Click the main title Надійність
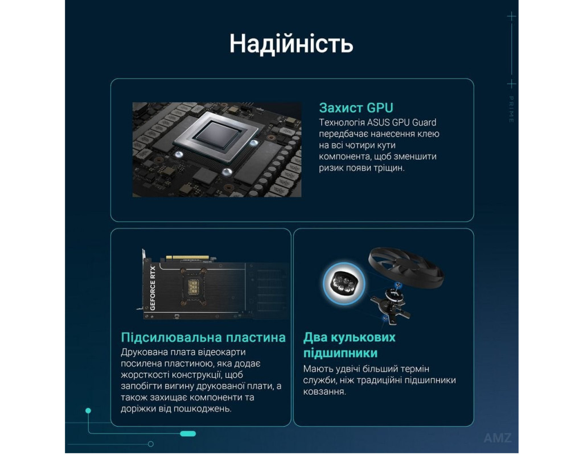tap(291, 44)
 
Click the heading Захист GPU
tap(356, 107)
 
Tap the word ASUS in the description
tap(379, 123)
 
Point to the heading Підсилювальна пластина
tap(203, 337)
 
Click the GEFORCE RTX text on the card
tap(153, 288)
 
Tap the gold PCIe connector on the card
tap(187, 258)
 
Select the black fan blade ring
tap(406, 265)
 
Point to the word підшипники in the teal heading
tap(340, 353)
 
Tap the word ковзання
tap(324, 392)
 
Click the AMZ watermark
tap(498, 438)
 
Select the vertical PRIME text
tap(511, 110)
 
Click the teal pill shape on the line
tap(188, 433)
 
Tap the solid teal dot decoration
tap(88, 411)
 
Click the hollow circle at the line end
tap(150, 444)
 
